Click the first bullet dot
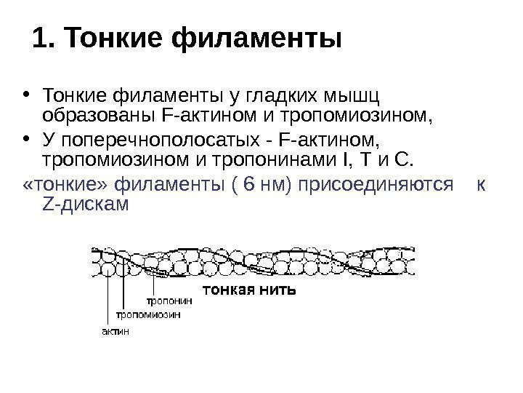pyautogui.click(x=27, y=95)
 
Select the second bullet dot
pyautogui.click(x=27, y=139)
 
